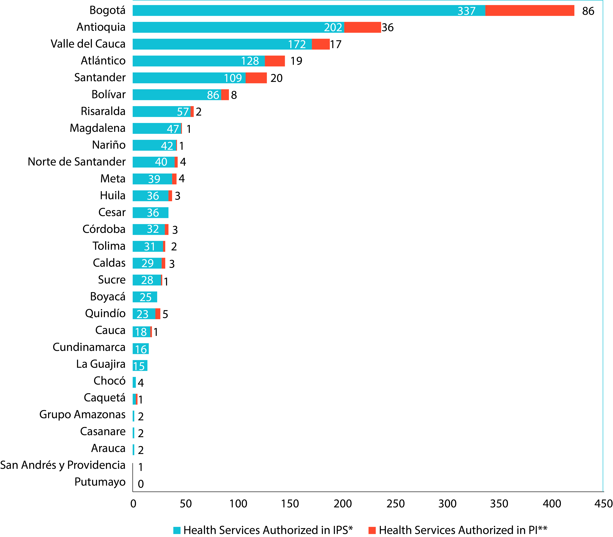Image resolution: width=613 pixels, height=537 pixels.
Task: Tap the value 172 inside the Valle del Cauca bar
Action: click(297, 44)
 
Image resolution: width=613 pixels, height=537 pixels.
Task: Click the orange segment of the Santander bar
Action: click(256, 78)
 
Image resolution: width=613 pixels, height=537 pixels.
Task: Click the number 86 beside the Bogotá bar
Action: click(588, 11)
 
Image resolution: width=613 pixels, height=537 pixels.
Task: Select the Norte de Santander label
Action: click(77, 162)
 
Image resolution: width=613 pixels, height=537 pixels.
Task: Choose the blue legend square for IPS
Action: click(177, 530)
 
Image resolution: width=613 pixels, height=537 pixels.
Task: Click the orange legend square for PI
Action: click(372, 530)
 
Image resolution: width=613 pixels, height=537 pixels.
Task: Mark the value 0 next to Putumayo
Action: click(141, 484)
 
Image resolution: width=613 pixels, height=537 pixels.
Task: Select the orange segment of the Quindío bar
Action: click(158, 314)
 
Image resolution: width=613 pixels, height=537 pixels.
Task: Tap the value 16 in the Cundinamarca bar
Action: click(141, 349)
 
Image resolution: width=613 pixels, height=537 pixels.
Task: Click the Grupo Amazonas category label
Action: click(82, 414)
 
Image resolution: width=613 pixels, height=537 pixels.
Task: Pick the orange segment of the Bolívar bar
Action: click(225, 95)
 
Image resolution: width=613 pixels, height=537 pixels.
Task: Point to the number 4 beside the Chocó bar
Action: click(141, 383)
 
